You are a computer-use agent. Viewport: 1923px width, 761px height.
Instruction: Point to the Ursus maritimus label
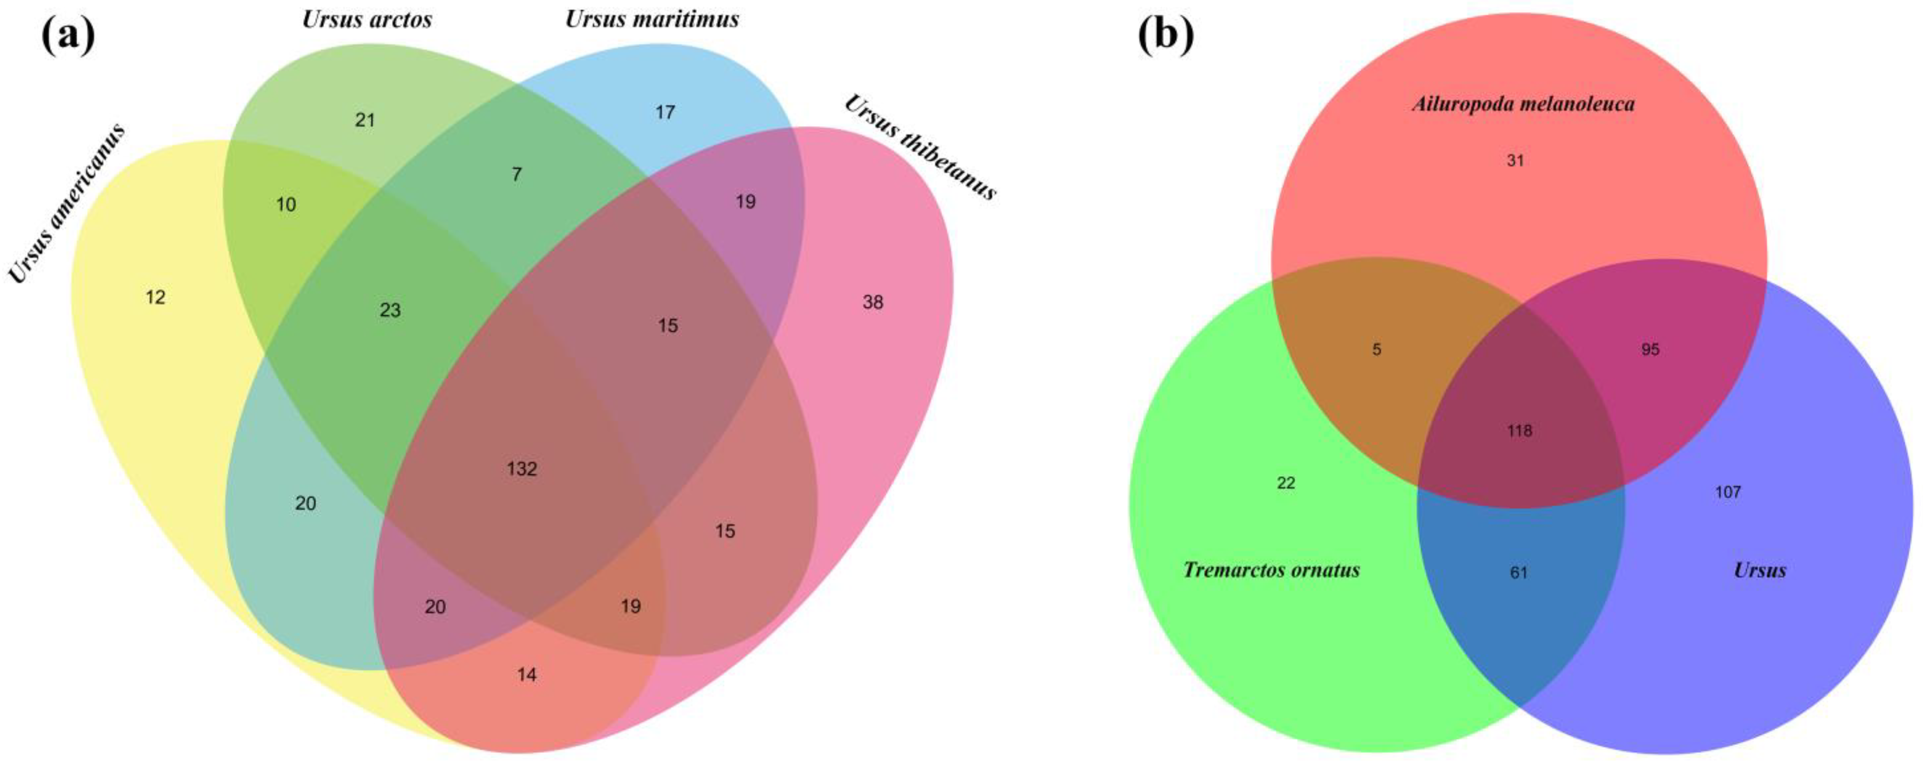(652, 19)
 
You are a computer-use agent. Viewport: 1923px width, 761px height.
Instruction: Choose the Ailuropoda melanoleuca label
(1523, 104)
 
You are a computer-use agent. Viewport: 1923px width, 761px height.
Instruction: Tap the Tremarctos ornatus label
(1271, 571)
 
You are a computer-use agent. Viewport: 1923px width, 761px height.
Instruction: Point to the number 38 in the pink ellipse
(873, 302)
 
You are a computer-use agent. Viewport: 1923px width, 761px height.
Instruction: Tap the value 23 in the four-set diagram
(390, 310)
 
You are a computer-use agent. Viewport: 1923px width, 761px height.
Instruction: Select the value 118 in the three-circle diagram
(1519, 431)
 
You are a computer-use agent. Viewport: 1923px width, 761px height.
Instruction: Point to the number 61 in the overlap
(1519, 573)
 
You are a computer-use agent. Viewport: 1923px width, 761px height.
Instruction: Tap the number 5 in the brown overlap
(1377, 349)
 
